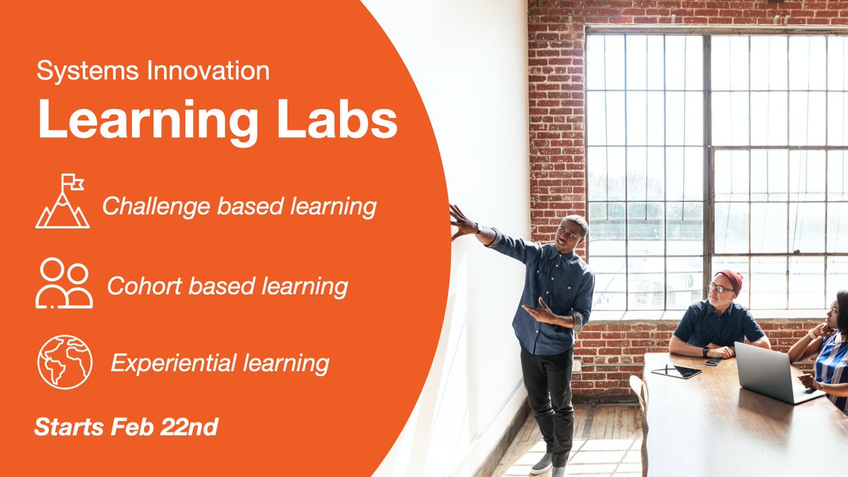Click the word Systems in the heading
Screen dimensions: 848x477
click(88, 71)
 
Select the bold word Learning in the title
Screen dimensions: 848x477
click(148, 121)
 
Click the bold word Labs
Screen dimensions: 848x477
click(337, 119)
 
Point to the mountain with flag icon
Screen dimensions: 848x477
click(62, 201)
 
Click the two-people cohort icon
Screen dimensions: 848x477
click(64, 283)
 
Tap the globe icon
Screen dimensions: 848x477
click(65, 362)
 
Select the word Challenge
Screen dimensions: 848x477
click(156, 207)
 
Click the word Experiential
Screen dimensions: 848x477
click(174, 364)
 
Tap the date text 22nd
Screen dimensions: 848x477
click(189, 427)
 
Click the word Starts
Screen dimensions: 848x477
click(69, 427)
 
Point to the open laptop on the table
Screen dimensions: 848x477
click(776, 373)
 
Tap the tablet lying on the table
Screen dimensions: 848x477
click(676, 372)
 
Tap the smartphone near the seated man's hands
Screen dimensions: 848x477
click(714, 362)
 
